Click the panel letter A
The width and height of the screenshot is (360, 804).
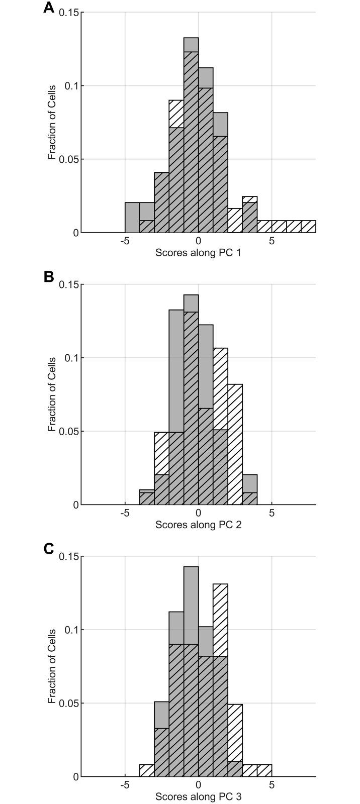(49, 8)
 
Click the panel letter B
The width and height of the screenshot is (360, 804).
(49, 277)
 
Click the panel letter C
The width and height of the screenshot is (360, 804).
(49, 549)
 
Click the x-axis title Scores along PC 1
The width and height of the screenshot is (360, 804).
(198, 253)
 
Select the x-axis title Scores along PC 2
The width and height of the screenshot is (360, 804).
(198, 525)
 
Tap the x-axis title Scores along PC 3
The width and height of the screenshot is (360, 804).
(198, 796)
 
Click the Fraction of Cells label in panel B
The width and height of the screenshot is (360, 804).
(52, 394)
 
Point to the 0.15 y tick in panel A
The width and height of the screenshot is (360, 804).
(69, 13)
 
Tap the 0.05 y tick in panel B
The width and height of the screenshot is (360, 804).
(69, 432)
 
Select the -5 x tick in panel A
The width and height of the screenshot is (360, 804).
(125, 241)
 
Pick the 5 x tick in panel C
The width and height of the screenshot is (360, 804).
(272, 785)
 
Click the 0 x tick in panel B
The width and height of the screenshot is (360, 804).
(198, 513)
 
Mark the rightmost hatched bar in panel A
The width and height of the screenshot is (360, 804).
(308, 227)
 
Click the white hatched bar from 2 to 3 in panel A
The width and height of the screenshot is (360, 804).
(235, 221)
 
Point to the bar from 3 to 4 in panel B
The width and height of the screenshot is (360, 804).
(249, 490)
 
